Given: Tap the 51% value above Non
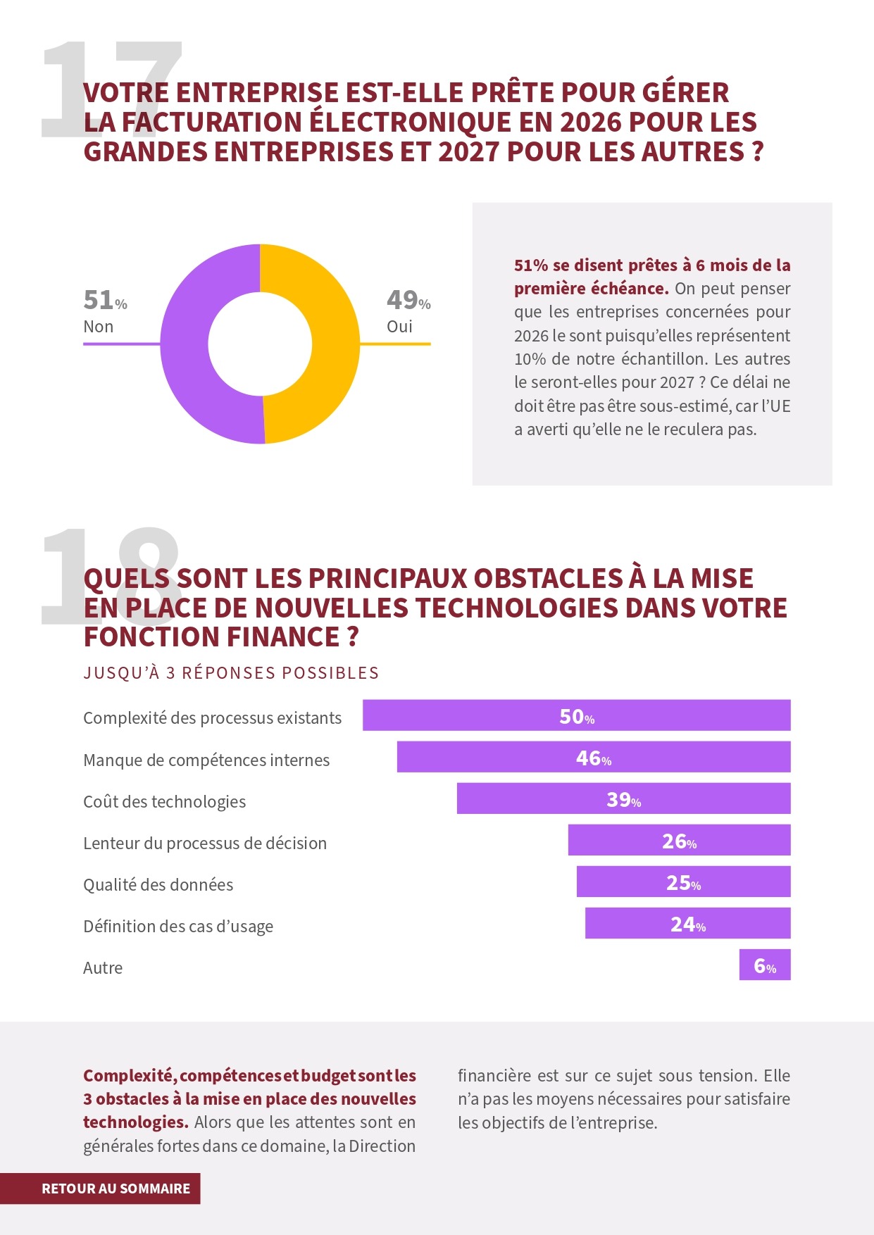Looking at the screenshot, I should click(x=104, y=301).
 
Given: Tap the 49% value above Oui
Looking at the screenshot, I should click(x=408, y=301).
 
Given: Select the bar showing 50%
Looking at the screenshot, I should click(x=576, y=715).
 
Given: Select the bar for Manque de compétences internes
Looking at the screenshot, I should click(x=593, y=757).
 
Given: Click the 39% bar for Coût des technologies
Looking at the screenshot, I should click(x=623, y=798).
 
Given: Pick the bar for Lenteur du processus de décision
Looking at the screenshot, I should click(x=679, y=840).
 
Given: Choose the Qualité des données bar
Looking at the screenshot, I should click(x=683, y=882).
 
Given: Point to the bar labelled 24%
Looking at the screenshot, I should click(x=687, y=923).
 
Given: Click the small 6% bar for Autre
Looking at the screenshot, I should click(x=764, y=965).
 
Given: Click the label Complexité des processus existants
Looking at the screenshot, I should click(x=212, y=718).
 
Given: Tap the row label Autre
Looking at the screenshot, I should click(x=103, y=968).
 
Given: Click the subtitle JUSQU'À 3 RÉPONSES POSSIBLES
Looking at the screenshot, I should click(x=231, y=673).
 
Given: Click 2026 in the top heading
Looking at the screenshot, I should click(x=590, y=123).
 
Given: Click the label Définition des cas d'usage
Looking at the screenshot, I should click(x=178, y=927).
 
